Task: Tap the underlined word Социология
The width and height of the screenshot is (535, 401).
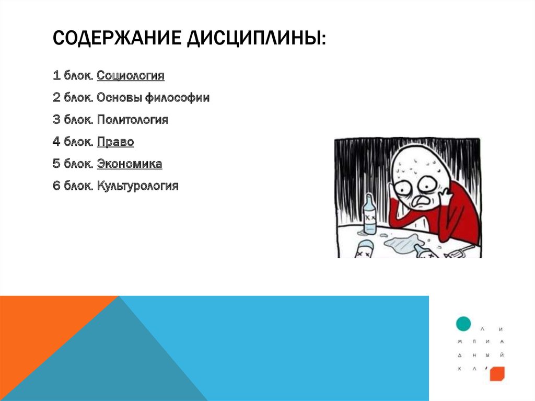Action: [131, 76]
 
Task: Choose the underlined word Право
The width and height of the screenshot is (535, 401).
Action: [115, 142]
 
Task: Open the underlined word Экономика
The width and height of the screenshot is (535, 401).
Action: [130, 164]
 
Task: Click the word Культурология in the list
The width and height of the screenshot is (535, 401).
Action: [138, 186]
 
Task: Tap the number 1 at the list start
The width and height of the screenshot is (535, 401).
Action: [56, 76]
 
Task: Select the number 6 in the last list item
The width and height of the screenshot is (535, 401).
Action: [56, 186]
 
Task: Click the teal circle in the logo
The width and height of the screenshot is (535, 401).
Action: [463, 324]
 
